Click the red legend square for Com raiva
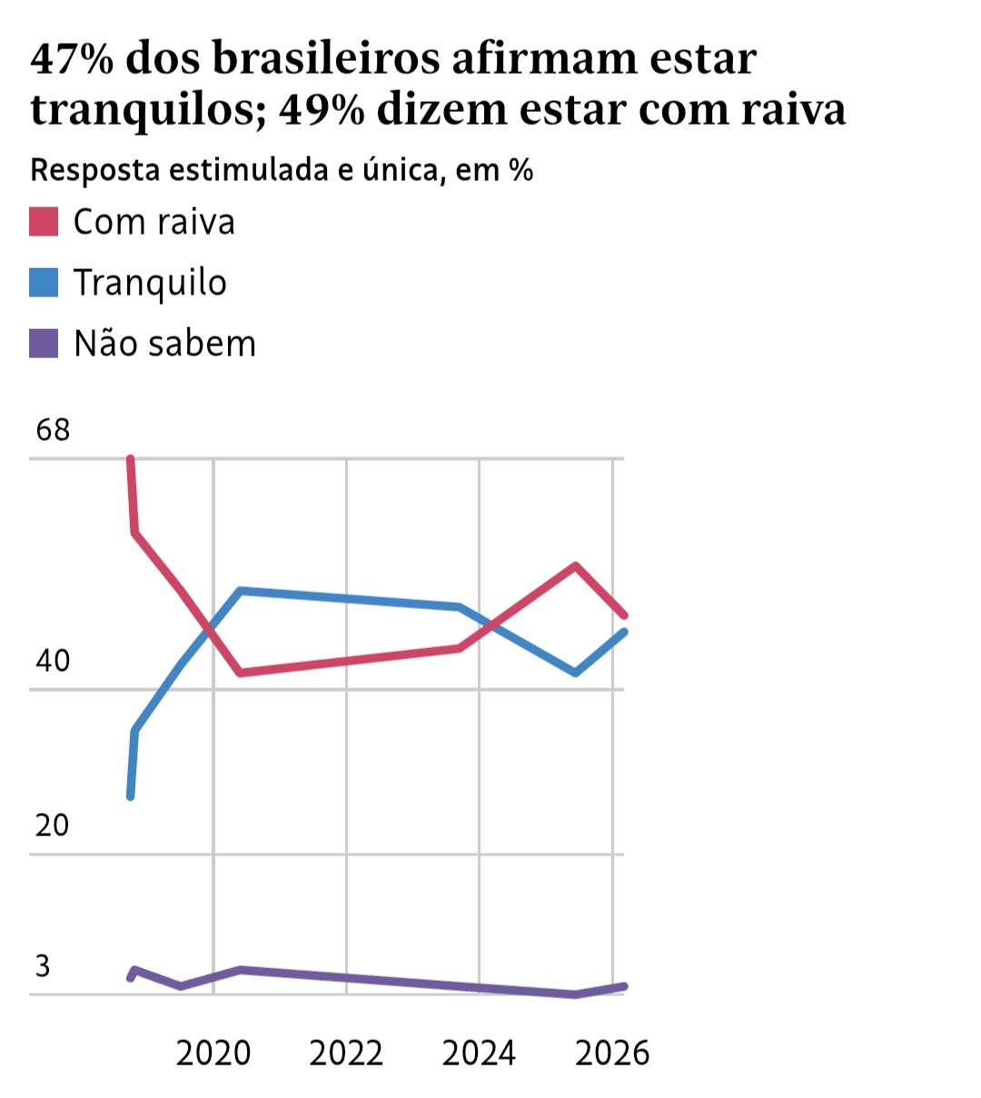44,222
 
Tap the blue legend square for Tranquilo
44,283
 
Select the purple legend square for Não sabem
44,344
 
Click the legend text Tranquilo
150,284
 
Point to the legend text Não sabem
164,344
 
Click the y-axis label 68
53,429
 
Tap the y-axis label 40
53,661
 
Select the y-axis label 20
53,825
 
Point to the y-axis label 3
43,965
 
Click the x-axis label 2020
213,1053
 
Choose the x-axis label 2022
346,1053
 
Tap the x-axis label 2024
479,1053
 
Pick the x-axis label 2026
612,1053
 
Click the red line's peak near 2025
575,565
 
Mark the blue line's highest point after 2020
241,591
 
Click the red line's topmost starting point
130,459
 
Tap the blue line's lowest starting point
130,796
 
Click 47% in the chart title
71,60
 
